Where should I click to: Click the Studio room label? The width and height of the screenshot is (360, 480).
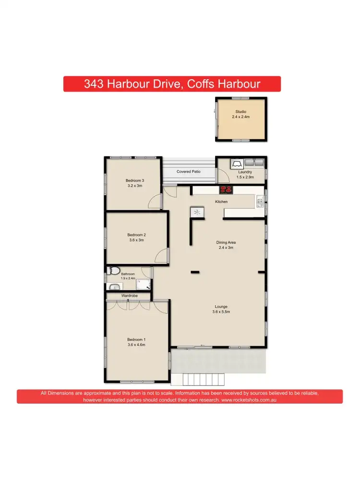pyautogui.click(x=241, y=112)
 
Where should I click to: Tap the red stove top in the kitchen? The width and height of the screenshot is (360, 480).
pyautogui.click(x=226, y=190)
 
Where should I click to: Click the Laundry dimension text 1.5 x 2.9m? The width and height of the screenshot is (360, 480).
pyautogui.click(x=245, y=177)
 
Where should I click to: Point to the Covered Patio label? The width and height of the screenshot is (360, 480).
pyautogui.click(x=188, y=171)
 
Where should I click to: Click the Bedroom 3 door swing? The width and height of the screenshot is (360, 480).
pyautogui.click(x=155, y=202)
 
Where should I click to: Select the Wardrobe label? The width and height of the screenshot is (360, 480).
pyautogui.click(x=129, y=296)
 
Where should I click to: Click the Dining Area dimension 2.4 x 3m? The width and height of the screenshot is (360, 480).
pyautogui.click(x=226, y=248)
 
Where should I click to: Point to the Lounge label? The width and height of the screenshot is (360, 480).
pyautogui.click(x=221, y=306)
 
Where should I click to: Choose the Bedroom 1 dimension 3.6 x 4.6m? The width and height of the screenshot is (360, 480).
pyautogui.click(x=136, y=345)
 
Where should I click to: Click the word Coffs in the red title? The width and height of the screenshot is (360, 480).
pyautogui.click(x=192, y=84)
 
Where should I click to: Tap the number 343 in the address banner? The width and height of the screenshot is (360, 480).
pyautogui.click(x=94, y=84)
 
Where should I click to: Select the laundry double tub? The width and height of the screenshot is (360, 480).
pyautogui.click(x=254, y=163)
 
